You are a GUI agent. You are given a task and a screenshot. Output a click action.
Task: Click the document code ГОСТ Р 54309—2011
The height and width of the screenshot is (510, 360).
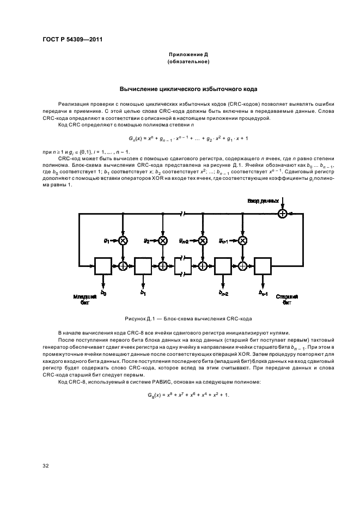(x=72, y=40)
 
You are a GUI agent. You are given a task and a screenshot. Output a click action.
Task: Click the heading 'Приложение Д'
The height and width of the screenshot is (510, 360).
(x=188, y=56)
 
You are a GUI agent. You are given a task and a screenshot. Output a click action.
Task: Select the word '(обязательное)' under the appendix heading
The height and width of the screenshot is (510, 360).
(x=188, y=63)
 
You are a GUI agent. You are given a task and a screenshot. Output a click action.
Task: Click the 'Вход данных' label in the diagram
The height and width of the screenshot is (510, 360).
(x=263, y=202)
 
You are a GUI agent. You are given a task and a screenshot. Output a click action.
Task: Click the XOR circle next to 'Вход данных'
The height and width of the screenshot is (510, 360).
(x=282, y=214)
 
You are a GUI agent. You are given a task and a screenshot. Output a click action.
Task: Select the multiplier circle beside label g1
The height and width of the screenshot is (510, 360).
(x=123, y=240)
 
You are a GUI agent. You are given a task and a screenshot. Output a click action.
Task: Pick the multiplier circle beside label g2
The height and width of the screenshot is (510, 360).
(x=163, y=240)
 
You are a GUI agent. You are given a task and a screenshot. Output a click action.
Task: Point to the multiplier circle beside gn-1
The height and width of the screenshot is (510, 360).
(x=242, y=240)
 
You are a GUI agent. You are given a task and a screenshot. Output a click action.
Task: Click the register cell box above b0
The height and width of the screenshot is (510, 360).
(x=103, y=266)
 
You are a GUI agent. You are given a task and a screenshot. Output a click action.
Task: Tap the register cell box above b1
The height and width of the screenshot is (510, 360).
(x=143, y=266)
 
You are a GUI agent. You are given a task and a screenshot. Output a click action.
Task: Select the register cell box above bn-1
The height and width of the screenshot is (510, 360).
(x=263, y=266)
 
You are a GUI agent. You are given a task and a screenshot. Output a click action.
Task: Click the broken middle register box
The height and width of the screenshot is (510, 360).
(x=183, y=266)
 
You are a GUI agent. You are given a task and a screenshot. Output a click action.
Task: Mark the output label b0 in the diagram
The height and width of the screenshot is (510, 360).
(x=103, y=293)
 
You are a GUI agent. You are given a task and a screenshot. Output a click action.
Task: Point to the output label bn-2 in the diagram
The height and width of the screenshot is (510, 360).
(x=223, y=293)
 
